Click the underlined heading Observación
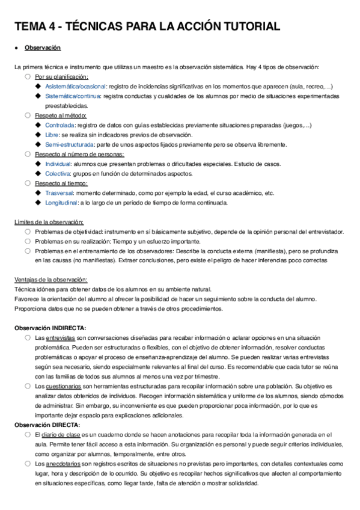coord(42,48)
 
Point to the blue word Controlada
coord(59,124)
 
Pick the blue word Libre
coord(51,134)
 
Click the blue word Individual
coord(58,164)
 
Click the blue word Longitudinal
coord(61,203)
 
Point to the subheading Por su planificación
coord(62,76)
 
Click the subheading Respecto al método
coord(61,115)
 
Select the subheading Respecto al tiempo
coord(61,183)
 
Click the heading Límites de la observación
coord(50,222)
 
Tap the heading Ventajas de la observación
coord(51,280)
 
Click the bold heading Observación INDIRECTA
coord(50,328)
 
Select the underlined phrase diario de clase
coord(60,434)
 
